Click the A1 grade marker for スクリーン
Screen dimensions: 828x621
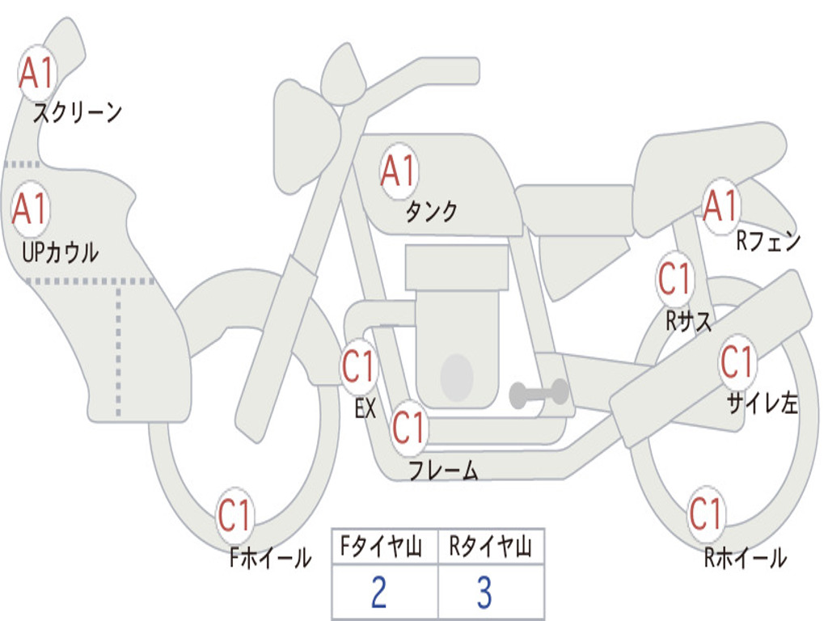(x=36, y=74)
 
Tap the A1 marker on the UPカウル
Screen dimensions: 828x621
(x=31, y=209)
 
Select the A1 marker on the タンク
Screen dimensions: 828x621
(x=398, y=171)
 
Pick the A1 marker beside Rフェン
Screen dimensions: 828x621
(x=720, y=206)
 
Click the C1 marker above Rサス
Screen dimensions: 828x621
(x=674, y=279)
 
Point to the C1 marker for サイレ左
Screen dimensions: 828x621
(x=737, y=361)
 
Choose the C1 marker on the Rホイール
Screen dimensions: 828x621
(x=706, y=513)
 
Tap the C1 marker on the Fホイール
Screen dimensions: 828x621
(x=235, y=515)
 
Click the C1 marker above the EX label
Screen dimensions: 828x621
(x=359, y=366)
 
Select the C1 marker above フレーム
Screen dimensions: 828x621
(x=408, y=427)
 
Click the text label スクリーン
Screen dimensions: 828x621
(x=78, y=112)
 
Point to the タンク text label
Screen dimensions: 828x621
(x=431, y=212)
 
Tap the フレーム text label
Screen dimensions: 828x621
(x=443, y=471)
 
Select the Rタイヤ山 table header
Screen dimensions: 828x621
(x=490, y=547)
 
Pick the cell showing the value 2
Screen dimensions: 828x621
(x=379, y=593)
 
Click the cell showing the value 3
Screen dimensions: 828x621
(x=484, y=593)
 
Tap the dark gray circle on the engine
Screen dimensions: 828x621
(x=456, y=377)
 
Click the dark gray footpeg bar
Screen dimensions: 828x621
(x=539, y=394)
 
